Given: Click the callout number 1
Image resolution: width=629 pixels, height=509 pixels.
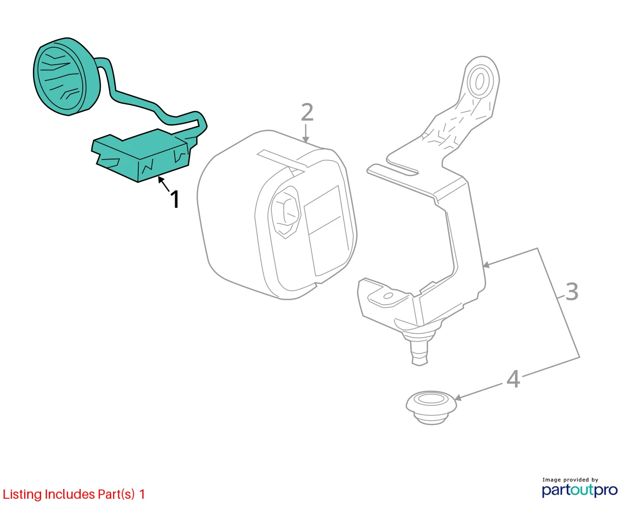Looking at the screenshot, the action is click(175, 200).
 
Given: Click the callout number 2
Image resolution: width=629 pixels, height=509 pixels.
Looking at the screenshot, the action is click(307, 112).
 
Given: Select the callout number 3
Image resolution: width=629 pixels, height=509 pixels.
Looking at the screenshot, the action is click(572, 291).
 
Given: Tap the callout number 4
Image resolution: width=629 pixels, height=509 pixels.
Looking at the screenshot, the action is click(513, 379).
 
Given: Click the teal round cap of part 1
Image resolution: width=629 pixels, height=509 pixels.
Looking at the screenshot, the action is click(66, 76).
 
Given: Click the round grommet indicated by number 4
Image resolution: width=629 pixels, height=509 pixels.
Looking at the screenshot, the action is click(431, 407).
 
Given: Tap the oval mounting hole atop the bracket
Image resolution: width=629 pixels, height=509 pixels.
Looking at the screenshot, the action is click(480, 81).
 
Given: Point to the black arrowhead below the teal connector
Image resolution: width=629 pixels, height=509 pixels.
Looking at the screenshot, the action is click(161, 179).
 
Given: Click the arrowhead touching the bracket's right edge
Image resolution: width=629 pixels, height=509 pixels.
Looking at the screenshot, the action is click(486, 265).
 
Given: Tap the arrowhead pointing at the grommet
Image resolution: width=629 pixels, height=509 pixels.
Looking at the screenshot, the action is click(458, 398).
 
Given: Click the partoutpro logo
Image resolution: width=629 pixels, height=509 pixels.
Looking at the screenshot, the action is click(580, 491).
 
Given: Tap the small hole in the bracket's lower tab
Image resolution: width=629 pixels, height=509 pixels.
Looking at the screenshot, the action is click(388, 296).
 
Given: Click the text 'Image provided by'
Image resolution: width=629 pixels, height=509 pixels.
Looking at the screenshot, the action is click(570, 480).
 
